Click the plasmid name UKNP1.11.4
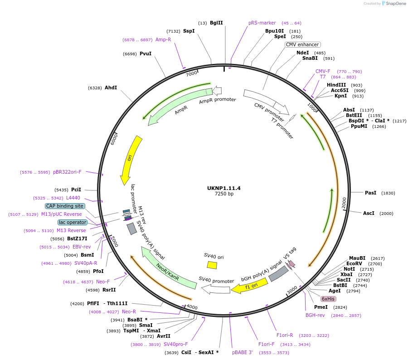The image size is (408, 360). coord(223,188)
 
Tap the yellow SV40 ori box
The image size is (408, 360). coord(212,265)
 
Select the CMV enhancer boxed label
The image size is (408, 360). coord(302,44)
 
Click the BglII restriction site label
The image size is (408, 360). coord(216,23)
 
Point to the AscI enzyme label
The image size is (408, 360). coord(369,213)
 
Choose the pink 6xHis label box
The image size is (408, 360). coord(328,299)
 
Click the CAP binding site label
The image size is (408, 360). coord(65,206)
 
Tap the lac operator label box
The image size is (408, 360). coord(72,222)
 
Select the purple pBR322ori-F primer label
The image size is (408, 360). coord(67,172)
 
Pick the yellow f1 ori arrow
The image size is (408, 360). coord(249,286)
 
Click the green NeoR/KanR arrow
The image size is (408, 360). coord(167,269)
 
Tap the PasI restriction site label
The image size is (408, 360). coord(370,193)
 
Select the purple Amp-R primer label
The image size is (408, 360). coord(163,39)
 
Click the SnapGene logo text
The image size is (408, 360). coord(396,4)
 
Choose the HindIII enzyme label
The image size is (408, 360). coord(336,85)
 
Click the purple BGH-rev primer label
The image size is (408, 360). coord(315,315)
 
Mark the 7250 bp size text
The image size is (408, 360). coord(224,194)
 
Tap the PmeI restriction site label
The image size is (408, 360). coord(321,307)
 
